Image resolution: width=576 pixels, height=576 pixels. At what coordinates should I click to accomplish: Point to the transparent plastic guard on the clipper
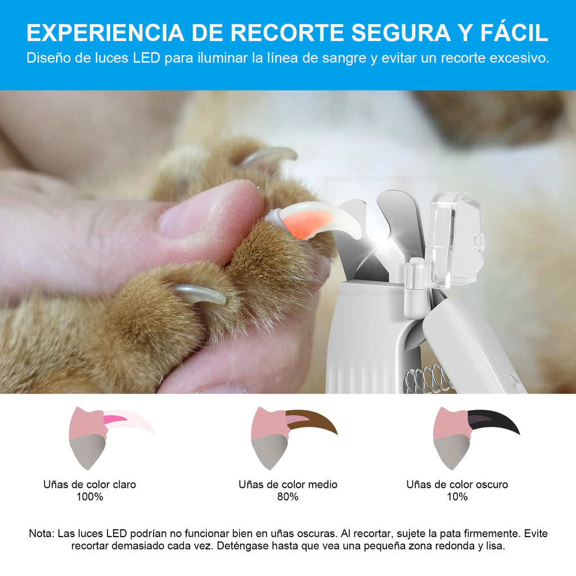coord(454,239)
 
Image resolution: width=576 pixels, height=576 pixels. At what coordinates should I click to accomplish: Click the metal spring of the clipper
coord(429,379)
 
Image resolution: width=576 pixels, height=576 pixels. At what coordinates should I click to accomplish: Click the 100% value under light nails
coord(90,497)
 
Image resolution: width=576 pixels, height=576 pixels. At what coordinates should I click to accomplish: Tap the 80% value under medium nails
coord(288,497)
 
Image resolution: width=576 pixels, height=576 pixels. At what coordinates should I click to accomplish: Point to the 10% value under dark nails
coord(457,497)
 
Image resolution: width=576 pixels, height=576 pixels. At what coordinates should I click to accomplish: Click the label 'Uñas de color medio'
coord(288,484)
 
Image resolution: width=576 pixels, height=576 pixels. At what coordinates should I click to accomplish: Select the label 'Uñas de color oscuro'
coord(457,484)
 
